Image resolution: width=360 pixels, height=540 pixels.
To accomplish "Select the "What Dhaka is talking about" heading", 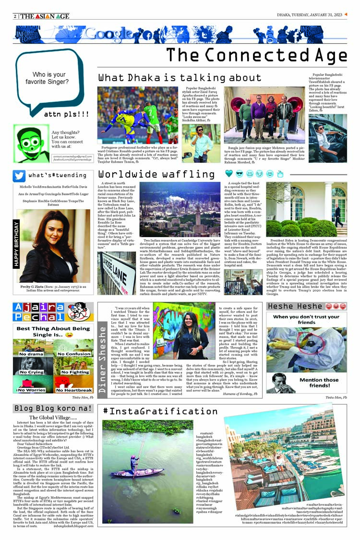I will (173, 78).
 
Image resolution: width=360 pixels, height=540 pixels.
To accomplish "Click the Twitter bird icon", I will (20, 176).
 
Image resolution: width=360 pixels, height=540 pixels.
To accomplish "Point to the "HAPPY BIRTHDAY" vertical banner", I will (16, 245).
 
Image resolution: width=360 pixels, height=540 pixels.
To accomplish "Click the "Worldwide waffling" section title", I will (156, 174).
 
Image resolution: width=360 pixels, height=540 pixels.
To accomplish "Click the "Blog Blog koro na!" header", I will (53, 408).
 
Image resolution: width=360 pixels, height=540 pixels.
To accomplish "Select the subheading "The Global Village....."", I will (53, 418).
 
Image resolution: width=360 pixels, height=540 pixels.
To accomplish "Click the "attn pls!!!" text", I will (66, 114).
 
